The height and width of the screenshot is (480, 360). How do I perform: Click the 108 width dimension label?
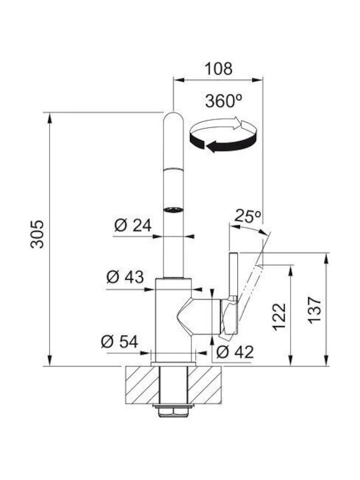[x=218, y=69]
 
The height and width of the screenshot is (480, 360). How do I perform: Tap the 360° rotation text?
[x=223, y=101]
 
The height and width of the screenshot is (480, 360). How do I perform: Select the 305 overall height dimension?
[x=37, y=234]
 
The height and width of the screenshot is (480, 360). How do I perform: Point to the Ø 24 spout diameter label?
[x=133, y=226]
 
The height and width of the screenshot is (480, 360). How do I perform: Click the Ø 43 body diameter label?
[x=125, y=277]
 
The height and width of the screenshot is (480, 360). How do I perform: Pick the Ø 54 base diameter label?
[x=119, y=341]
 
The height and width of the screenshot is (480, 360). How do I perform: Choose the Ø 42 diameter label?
[x=235, y=352]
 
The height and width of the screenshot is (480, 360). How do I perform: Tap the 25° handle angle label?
[x=247, y=216]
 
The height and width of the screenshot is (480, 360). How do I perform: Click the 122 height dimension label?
[x=279, y=317]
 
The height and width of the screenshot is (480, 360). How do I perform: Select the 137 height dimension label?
[x=315, y=310]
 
